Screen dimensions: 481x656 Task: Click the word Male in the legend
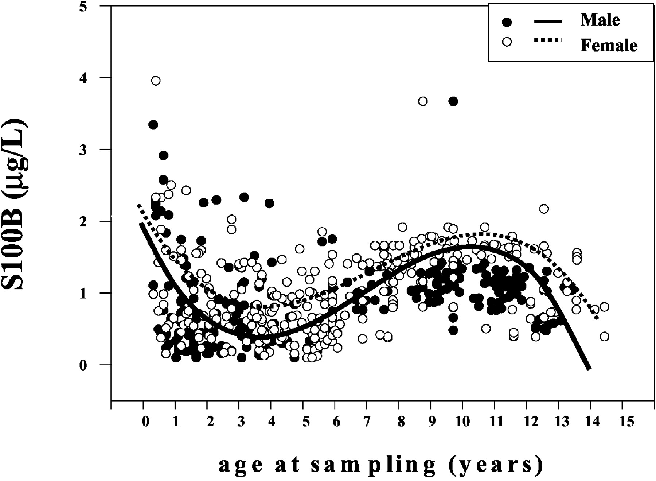click(x=600, y=20)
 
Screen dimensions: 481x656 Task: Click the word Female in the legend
click(x=609, y=46)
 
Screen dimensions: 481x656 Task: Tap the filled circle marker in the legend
click(x=507, y=22)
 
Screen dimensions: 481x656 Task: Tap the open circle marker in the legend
click(x=507, y=42)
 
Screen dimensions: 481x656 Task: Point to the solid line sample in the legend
click(x=548, y=22)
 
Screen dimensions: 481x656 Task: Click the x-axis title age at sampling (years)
click(x=381, y=465)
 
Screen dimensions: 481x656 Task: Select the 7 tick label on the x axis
click(x=367, y=422)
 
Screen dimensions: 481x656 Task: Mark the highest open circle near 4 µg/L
click(x=156, y=81)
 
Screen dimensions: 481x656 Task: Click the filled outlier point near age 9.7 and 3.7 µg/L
click(x=453, y=101)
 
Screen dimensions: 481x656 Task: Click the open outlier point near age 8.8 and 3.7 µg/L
click(x=423, y=101)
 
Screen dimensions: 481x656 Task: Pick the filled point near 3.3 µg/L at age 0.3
click(x=153, y=125)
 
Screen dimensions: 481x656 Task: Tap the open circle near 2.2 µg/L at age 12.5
click(x=544, y=209)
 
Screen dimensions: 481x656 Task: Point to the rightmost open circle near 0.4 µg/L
click(x=604, y=336)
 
